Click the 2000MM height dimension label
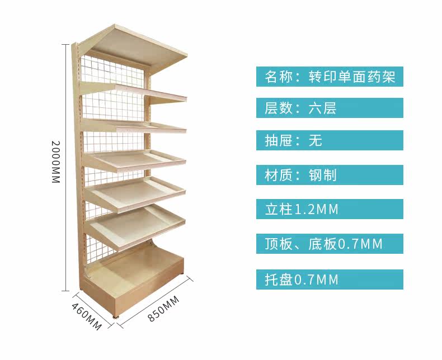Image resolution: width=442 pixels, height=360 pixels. (x=55, y=163)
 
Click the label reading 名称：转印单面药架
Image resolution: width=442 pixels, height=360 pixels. (x=330, y=77)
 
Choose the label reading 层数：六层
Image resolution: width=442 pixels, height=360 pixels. (x=330, y=108)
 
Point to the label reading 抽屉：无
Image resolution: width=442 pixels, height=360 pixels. (x=330, y=140)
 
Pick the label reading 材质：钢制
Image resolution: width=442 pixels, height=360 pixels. (x=330, y=175)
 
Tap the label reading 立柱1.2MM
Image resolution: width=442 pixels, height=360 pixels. (x=330, y=210)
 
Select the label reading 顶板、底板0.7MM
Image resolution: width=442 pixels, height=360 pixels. (x=330, y=244)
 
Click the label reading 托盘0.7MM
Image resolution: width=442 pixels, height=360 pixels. (x=330, y=279)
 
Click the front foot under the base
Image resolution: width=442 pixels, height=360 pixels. (x=118, y=320)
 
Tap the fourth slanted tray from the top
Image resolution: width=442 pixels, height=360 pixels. (x=137, y=192)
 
